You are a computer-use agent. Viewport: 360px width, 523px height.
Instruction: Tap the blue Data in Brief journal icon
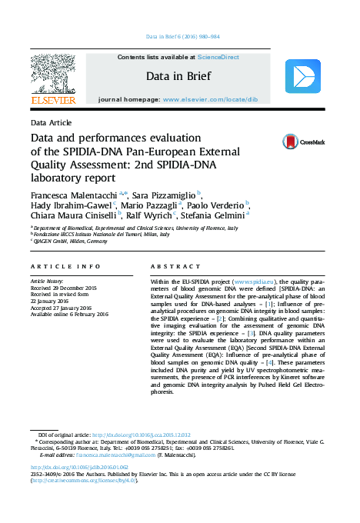click(x=302, y=76)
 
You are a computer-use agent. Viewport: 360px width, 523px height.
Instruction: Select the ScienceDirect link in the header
click(x=218, y=57)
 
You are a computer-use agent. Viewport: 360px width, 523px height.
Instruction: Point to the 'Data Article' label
click(x=52, y=122)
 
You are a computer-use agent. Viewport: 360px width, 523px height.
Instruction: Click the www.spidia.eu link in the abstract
click(x=252, y=282)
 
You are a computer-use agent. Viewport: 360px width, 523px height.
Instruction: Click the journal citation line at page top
click(x=182, y=36)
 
